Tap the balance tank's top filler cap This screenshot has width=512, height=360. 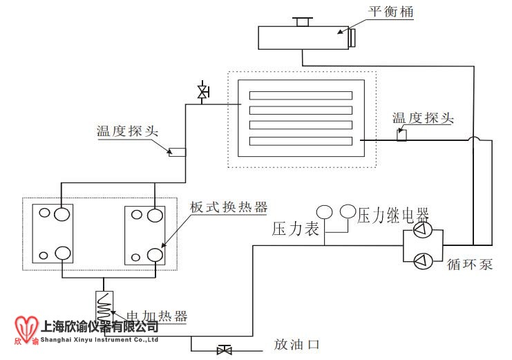click(302, 21)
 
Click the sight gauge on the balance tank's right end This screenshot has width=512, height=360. click(352, 37)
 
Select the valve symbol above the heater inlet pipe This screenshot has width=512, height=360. click(202, 91)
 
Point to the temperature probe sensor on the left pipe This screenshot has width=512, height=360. click(178, 151)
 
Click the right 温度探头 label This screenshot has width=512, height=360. click(422, 118)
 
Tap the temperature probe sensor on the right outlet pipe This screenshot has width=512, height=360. click(401, 135)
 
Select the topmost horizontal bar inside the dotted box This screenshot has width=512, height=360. click(301, 95)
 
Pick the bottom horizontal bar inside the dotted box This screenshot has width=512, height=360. click(301, 141)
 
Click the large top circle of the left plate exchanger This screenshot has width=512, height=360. click(64, 214)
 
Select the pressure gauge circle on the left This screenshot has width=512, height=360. click(324, 211)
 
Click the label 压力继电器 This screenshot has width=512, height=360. click(393, 215)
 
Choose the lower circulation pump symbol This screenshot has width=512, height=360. click(422, 260)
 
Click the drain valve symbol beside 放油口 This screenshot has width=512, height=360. click(224, 350)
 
